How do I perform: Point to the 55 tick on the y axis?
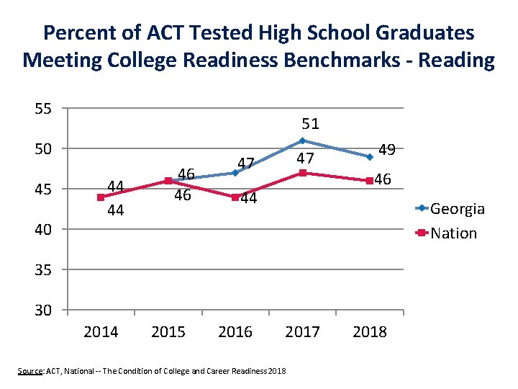click(42, 109)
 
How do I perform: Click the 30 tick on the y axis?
click(42, 310)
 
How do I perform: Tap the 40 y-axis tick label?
click(42, 230)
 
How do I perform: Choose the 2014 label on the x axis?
click(101, 332)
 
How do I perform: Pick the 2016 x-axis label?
click(235, 332)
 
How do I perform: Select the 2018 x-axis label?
click(370, 332)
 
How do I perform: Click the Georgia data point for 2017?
click(303, 140)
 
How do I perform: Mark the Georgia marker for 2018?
click(370, 156)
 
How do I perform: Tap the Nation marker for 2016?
click(235, 197)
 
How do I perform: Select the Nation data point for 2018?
click(370, 181)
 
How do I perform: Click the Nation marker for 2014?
click(101, 197)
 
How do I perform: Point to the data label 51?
click(310, 124)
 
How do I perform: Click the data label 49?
click(387, 150)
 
